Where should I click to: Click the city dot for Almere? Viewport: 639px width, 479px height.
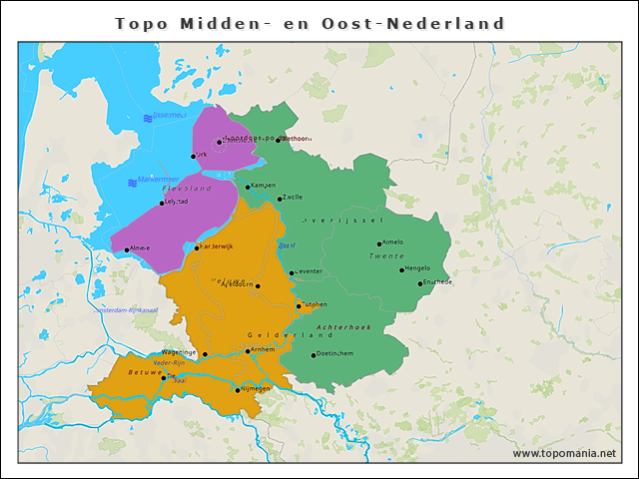pos(127,249)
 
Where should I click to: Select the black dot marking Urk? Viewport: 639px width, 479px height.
pos(194,156)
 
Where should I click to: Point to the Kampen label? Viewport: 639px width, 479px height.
pos(264,185)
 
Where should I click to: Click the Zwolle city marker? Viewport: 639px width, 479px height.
pos(281,199)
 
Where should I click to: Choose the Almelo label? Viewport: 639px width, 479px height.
pos(393,241)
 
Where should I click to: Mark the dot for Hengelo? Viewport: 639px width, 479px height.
pos(402,269)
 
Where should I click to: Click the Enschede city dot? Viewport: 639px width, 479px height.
pos(420,283)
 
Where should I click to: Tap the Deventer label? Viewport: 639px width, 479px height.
pos(308,271)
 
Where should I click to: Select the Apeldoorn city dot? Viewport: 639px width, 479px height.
pos(258,286)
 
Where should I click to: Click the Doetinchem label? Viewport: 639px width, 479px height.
pos(335,354)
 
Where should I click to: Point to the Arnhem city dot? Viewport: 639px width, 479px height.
pos(248,351)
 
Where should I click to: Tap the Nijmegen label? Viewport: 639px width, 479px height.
pos(256,388)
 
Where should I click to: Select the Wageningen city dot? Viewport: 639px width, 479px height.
pos(205,354)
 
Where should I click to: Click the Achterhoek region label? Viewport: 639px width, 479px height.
pos(342,327)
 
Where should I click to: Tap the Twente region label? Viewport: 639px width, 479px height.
pos(384,256)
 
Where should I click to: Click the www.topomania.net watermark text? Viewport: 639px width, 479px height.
pos(564,454)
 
